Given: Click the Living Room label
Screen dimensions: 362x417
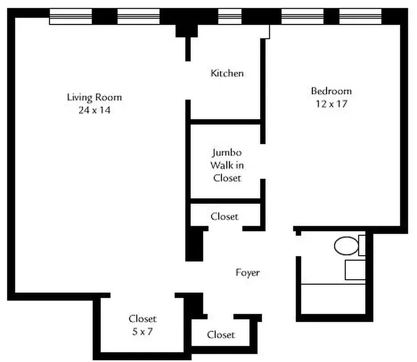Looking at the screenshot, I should pos(94,97).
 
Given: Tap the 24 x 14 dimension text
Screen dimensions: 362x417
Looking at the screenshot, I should pos(94,110).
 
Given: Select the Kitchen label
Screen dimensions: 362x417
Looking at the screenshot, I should pos(227,73).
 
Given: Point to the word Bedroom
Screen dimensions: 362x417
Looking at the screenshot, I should pos(331,91).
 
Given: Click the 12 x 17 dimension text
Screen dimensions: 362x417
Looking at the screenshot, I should pos(331,104).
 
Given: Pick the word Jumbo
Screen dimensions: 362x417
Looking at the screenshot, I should pos(227,152).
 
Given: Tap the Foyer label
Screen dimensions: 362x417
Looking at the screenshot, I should pos(247,272).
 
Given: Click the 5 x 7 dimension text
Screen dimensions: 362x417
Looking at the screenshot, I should pos(142,332).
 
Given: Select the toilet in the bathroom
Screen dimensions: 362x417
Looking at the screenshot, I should pos(347,246).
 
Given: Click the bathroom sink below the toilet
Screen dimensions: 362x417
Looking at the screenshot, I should pos(355,270).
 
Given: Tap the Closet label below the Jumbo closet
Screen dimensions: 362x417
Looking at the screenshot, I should pos(224,217).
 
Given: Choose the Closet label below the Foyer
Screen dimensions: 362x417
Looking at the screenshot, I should pos(221,335).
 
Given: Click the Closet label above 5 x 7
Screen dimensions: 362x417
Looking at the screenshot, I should pos(142,319).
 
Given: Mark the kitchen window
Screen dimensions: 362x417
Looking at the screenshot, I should pos(230,17).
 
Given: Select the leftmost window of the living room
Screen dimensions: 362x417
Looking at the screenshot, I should pos(71,17).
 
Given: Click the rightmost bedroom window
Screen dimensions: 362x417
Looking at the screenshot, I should pos(360,17).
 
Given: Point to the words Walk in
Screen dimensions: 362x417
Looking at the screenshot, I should pos(227,165).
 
